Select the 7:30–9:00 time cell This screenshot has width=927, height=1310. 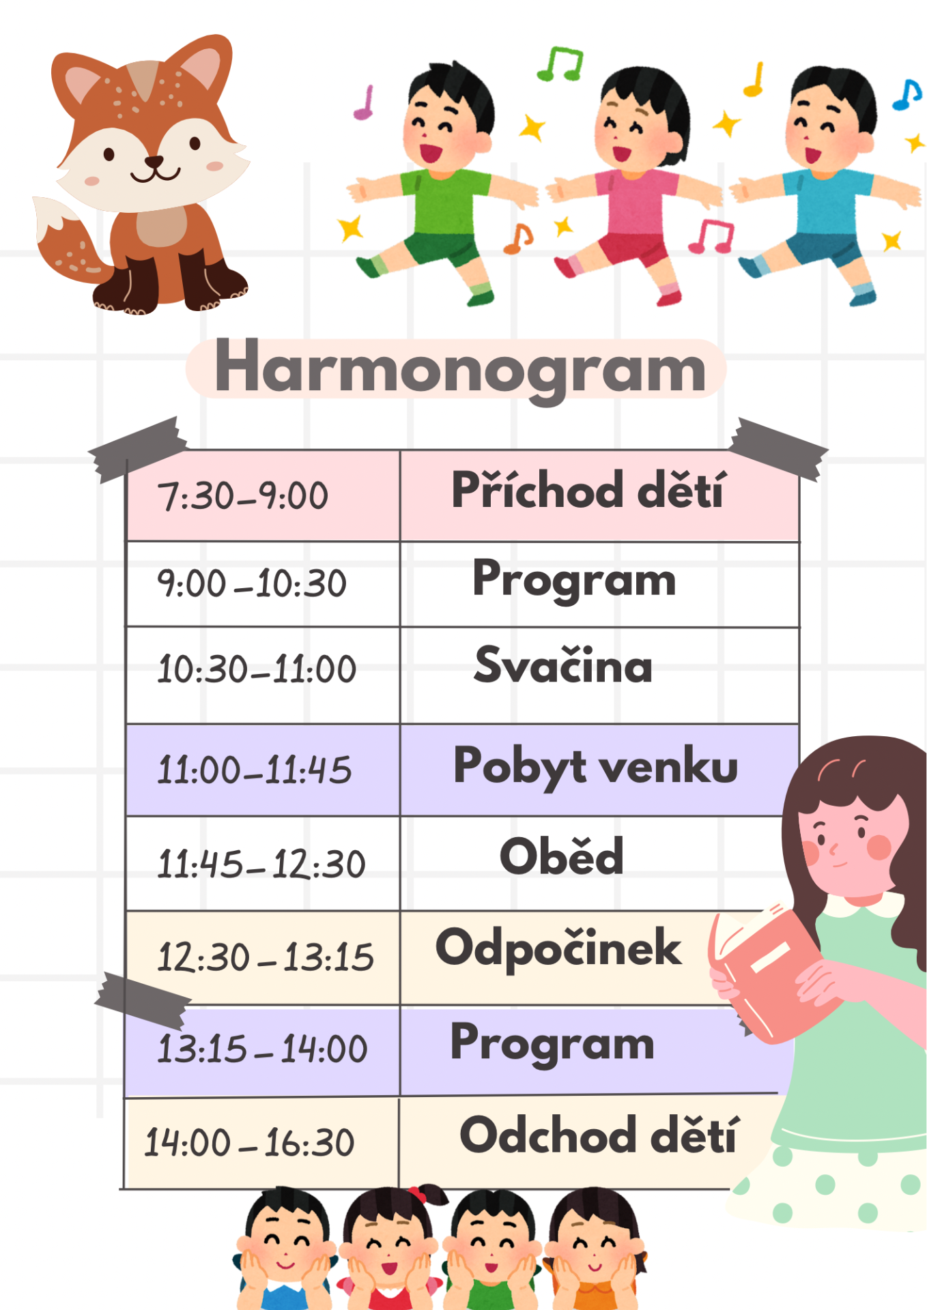coord(263,496)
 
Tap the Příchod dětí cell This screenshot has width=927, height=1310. coord(599,496)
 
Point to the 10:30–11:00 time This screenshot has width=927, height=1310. coord(257,669)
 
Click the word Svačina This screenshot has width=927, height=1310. coord(563,665)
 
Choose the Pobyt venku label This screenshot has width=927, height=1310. coord(596,767)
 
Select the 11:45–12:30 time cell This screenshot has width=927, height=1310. coord(263,863)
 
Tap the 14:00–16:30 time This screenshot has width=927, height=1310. coord(249,1142)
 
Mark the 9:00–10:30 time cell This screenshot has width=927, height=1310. coord(263,584)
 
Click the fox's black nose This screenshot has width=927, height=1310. coord(154,162)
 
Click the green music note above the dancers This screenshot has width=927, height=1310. coord(560,63)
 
